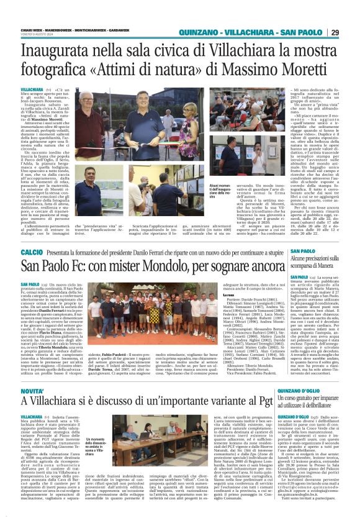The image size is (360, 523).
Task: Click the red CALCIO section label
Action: tap(32, 253)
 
